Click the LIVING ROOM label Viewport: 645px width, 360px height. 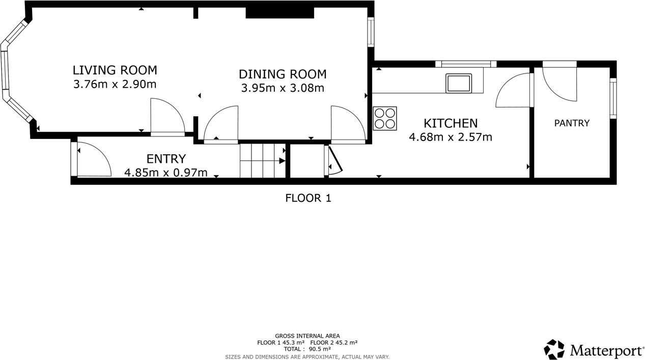[115, 70]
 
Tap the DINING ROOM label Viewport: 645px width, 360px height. [283, 74]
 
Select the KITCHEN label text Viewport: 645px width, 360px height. [451, 123]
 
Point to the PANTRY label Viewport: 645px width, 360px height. [572, 123]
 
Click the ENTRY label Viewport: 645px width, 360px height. [166, 159]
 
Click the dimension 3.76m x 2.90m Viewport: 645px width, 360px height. [115, 84]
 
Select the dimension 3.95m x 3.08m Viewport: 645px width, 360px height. [283, 88]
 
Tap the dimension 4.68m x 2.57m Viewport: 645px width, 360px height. [451, 136]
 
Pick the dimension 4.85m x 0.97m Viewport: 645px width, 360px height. [166, 173]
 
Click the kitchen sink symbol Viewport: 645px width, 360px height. [458, 83]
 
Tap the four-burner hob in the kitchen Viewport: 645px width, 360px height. [384, 118]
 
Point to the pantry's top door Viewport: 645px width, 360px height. [559, 81]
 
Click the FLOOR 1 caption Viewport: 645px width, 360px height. [308, 198]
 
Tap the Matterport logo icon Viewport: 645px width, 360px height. [554, 350]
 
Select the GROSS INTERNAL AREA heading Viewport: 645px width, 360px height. [307, 336]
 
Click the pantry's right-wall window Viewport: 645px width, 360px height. [613, 98]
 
